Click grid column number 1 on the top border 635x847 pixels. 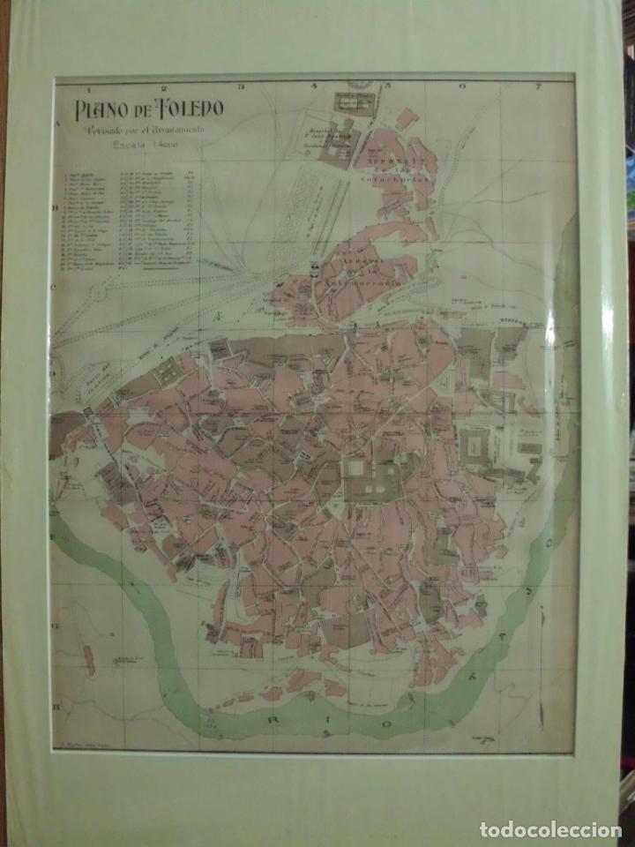(88, 87)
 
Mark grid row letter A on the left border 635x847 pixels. (56, 125)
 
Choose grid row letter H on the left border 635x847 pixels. (56, 706)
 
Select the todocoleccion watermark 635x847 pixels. (549, 829)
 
